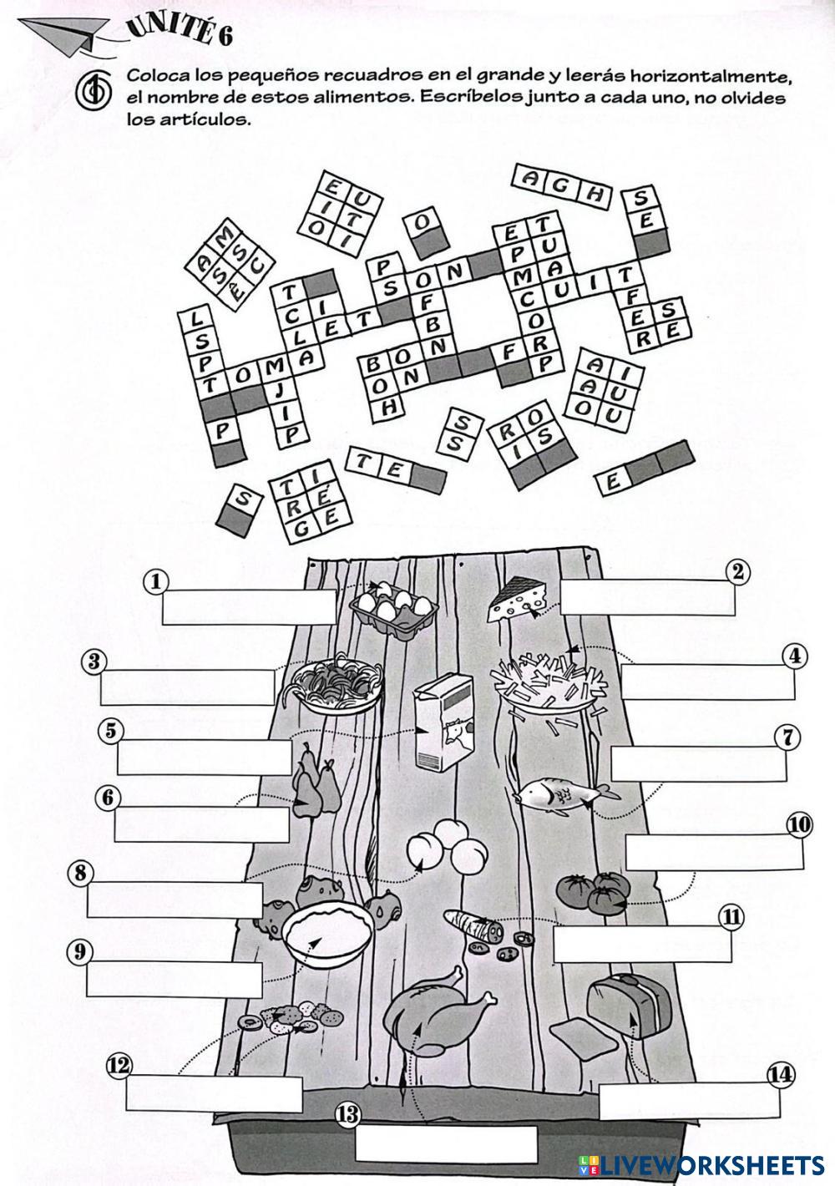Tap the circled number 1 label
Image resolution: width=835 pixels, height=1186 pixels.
point(156,580)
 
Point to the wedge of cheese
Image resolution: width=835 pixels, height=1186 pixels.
point(519,600)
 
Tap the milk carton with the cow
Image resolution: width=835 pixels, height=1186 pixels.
point(442,722)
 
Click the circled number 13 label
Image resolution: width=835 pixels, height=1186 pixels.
point(347,1114)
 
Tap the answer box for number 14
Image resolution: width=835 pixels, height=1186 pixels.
point(686,1101)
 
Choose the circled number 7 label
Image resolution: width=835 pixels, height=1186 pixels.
point(787,737)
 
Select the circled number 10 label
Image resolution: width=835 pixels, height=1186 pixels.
point(798,825)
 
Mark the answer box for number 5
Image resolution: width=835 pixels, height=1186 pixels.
point(205,757)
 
